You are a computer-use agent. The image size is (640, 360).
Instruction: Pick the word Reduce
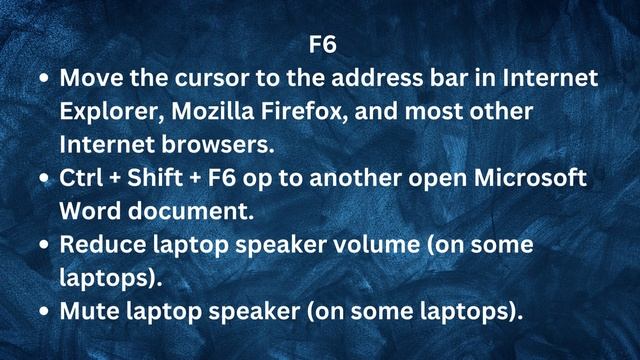coord(99,244)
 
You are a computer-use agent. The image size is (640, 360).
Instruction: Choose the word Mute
coord(86,311)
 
